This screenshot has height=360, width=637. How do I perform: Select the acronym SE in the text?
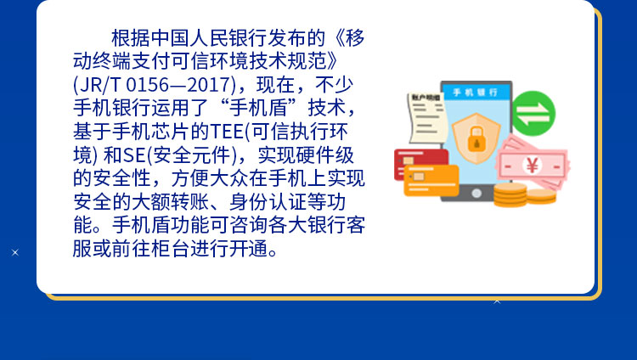[x=134, y=155]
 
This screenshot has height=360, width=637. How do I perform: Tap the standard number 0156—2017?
[x=178, y=85]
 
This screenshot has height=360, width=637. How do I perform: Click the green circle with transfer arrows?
[x=533, y=114]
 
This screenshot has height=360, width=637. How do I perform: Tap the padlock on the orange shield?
[x=476, y=139]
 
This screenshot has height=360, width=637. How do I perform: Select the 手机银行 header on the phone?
[x=476, y=93]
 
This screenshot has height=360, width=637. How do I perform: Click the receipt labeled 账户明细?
[x=426, y=118]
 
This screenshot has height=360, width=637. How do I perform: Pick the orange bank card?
[x=431, y=181]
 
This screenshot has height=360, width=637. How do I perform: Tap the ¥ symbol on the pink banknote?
[x=533, y=166]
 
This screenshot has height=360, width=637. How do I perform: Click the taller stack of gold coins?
[x=510, y=195]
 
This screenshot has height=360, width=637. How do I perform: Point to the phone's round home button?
[x=476, y=194]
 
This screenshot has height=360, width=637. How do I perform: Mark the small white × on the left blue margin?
[x=15, y=253]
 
